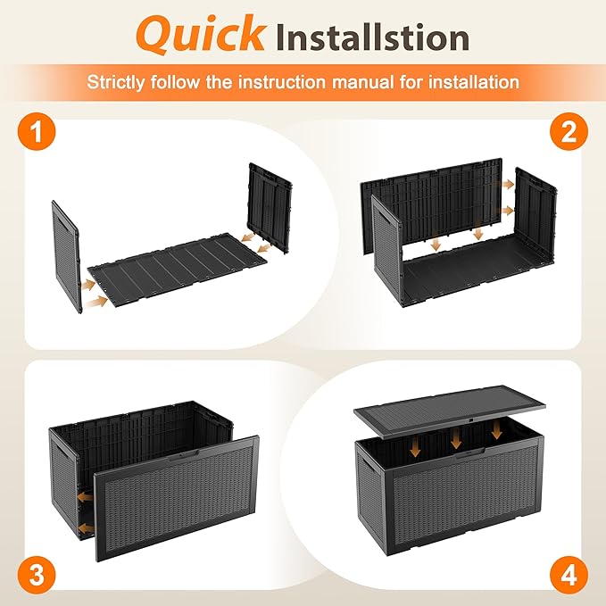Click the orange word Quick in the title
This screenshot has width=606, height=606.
point(201,34)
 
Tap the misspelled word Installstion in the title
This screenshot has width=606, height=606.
point(372,37)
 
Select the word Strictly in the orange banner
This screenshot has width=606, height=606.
point(116,82)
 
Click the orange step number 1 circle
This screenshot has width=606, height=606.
point(37,132)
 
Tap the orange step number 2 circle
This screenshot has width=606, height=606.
point(569,132)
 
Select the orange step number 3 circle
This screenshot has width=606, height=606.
point(37,574)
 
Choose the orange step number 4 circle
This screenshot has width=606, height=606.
point(569,574)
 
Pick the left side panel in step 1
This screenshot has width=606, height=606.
point(66,256)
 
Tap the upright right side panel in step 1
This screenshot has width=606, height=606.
point(270,207)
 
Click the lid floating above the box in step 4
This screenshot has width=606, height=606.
point(450,411)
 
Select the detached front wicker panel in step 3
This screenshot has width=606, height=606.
point(177,498)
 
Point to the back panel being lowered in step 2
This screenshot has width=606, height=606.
point(432,205)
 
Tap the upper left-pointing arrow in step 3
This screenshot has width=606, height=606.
point(85,496)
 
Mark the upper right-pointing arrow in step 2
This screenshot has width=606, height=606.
point(508,185)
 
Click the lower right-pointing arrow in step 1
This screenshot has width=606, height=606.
point(95,302)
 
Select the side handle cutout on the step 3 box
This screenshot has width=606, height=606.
point(59,450)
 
